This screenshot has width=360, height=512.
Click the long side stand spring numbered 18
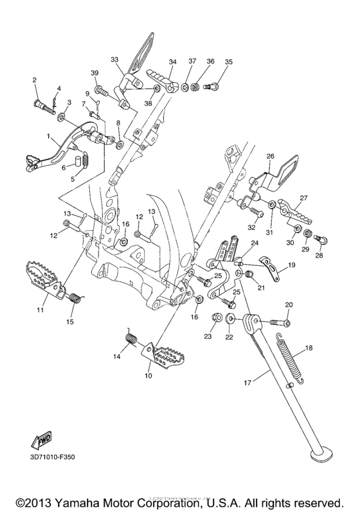click(x=291, y=364)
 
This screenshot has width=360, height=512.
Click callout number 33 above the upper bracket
click(x=114, y=59)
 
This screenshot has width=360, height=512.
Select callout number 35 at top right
click(x=228, y=62)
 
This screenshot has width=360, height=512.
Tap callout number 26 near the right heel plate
click(x=270, y=156)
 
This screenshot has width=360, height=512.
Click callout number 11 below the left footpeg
click(x=40, y=310)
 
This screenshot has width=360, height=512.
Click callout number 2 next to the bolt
click(x=35, y=80)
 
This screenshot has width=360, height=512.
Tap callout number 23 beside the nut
click(x=207, y=336)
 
